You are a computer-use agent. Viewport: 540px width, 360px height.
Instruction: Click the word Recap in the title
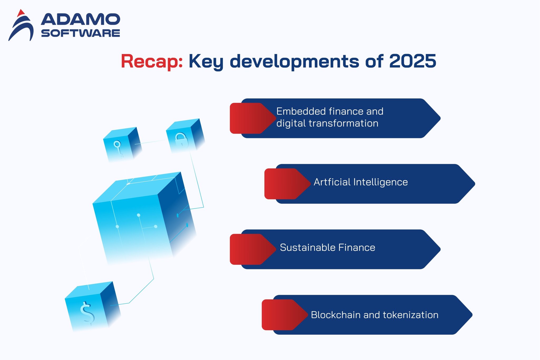(x=151, y=61)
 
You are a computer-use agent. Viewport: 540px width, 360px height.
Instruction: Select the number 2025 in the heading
(x=412, y=61)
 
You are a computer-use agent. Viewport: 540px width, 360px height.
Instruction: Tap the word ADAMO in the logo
(x=80, y=20)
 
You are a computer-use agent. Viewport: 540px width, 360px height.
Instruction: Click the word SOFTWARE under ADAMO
(x=80, y=33)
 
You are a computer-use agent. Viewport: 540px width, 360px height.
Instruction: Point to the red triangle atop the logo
(x=21, y=13)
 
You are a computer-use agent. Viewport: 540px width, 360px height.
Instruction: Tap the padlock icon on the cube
(x=181, y=140)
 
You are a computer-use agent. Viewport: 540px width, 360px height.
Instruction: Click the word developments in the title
(x=294, y=61)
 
